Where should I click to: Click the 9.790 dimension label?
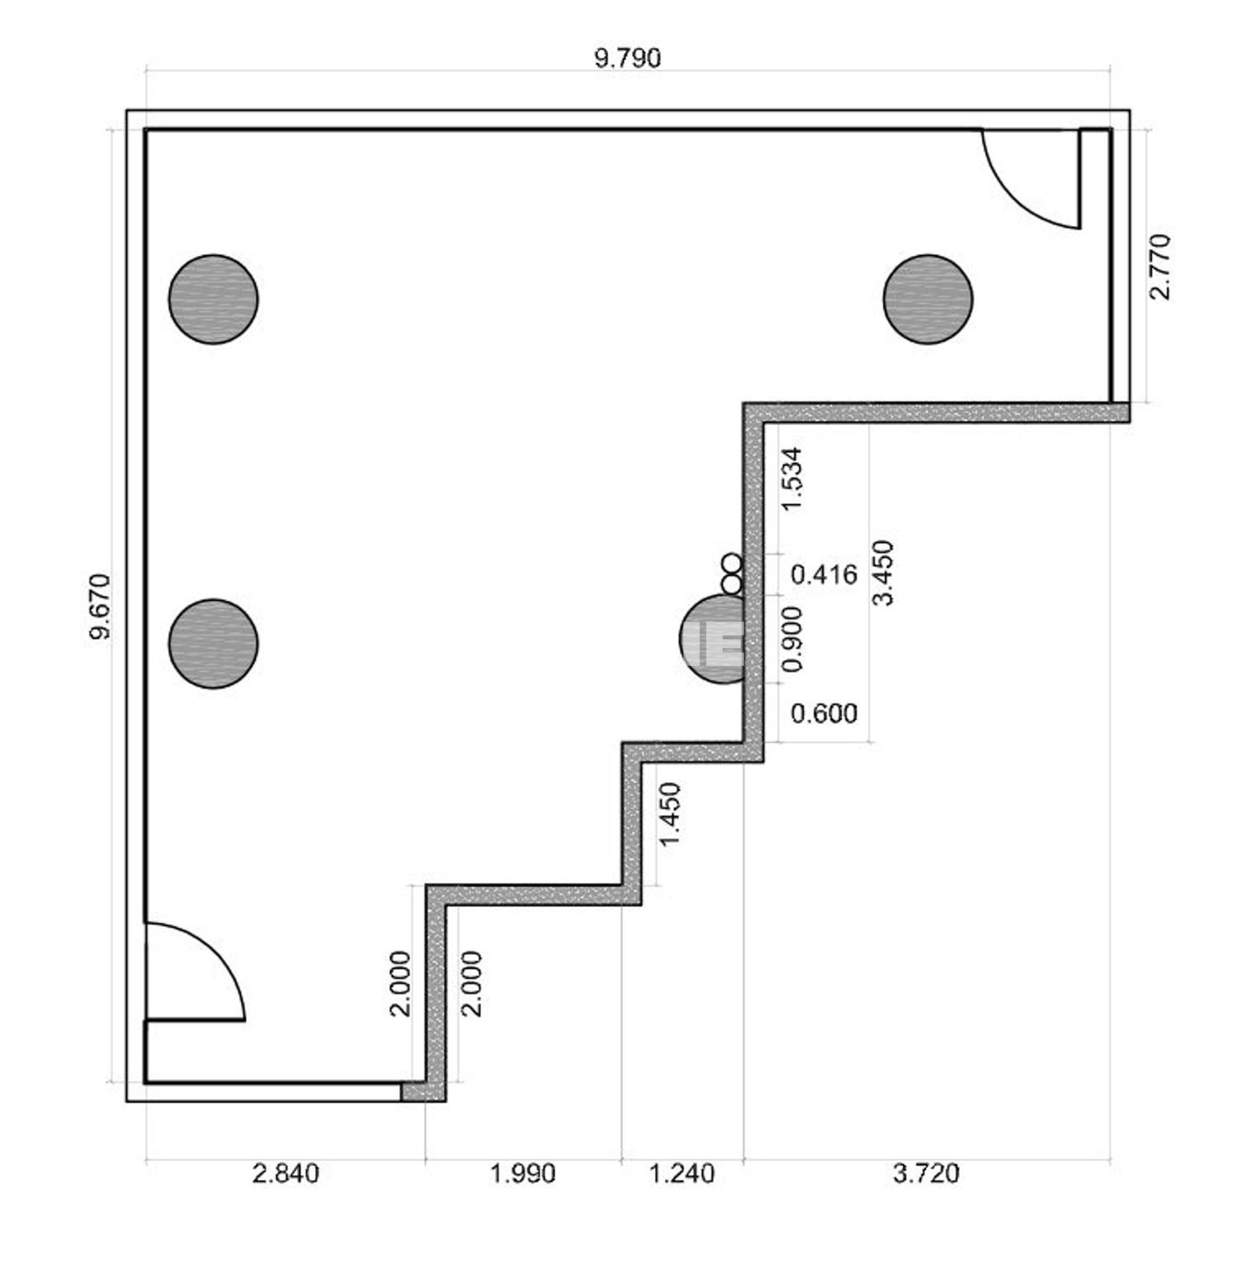(628, 58)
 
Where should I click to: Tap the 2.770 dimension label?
(1160, 267)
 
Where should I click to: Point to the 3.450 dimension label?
(884, 573)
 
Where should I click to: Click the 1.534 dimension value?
(792, 479)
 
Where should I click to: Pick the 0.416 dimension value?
(824, 575)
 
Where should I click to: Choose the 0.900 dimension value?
(792, 639)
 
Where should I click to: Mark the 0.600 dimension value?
(824, 713)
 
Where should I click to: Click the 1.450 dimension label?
(671, 814)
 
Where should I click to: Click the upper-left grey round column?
(213, 299)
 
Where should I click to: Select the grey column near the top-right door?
(928, 299)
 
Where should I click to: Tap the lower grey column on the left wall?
(213, 643)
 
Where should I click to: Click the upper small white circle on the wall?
(731, 564)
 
